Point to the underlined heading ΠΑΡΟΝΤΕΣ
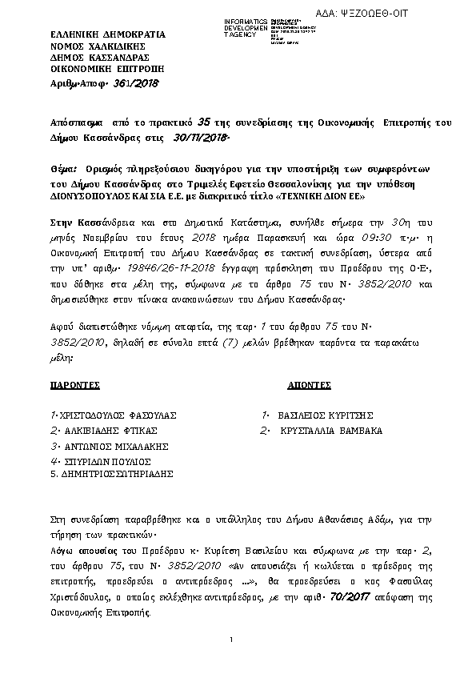tap(74, 385)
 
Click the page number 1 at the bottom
tap(230, 640)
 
